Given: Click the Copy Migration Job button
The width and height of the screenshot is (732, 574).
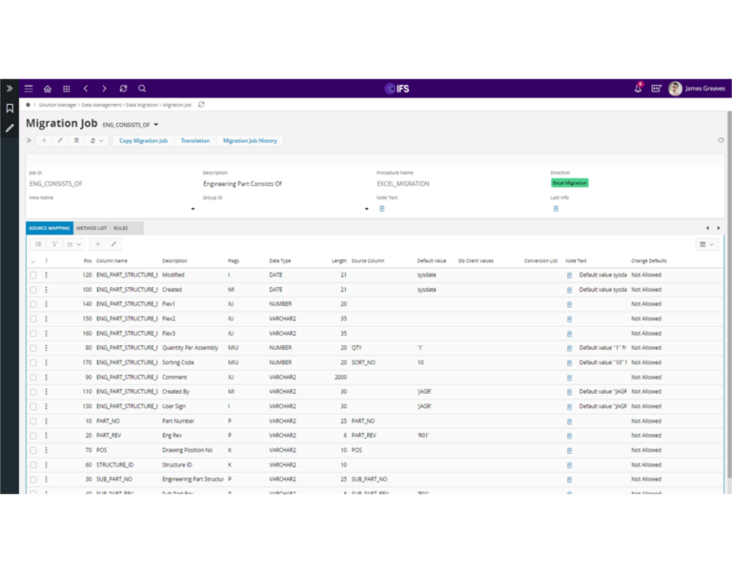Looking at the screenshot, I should point(143,140).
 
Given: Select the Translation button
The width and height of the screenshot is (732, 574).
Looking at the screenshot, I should point(195,140).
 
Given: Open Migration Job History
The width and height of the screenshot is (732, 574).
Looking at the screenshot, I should point(250,140).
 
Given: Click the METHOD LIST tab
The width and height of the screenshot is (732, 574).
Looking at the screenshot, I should point(91,228).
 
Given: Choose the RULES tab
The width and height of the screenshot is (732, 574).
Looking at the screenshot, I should point(121,228).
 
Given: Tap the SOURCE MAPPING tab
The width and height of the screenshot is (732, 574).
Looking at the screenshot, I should point(50,228).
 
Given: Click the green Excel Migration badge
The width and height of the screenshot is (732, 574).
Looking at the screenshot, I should point(569,183).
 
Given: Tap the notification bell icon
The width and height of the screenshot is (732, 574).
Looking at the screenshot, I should point(638,89).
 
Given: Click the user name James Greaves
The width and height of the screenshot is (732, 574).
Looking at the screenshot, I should point(705,89).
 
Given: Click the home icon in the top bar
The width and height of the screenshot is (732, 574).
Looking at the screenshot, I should point(48,89).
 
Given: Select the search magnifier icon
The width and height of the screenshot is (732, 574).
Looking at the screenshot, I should point(142,89).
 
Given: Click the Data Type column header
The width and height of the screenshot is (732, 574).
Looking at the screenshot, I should point(280,260).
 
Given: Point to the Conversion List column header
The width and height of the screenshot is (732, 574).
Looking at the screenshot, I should point(540,260).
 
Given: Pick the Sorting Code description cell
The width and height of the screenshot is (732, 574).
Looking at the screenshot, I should point(178,362).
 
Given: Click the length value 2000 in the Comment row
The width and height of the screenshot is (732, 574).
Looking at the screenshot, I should point(339,377).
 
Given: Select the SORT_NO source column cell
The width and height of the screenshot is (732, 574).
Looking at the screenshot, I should point(363,362).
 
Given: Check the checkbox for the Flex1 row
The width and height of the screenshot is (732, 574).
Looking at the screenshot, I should point(32,304).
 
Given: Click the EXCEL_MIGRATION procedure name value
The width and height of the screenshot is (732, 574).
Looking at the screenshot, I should point(402,183).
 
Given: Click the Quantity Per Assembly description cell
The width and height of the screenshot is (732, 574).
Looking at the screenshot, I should point(190,348).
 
